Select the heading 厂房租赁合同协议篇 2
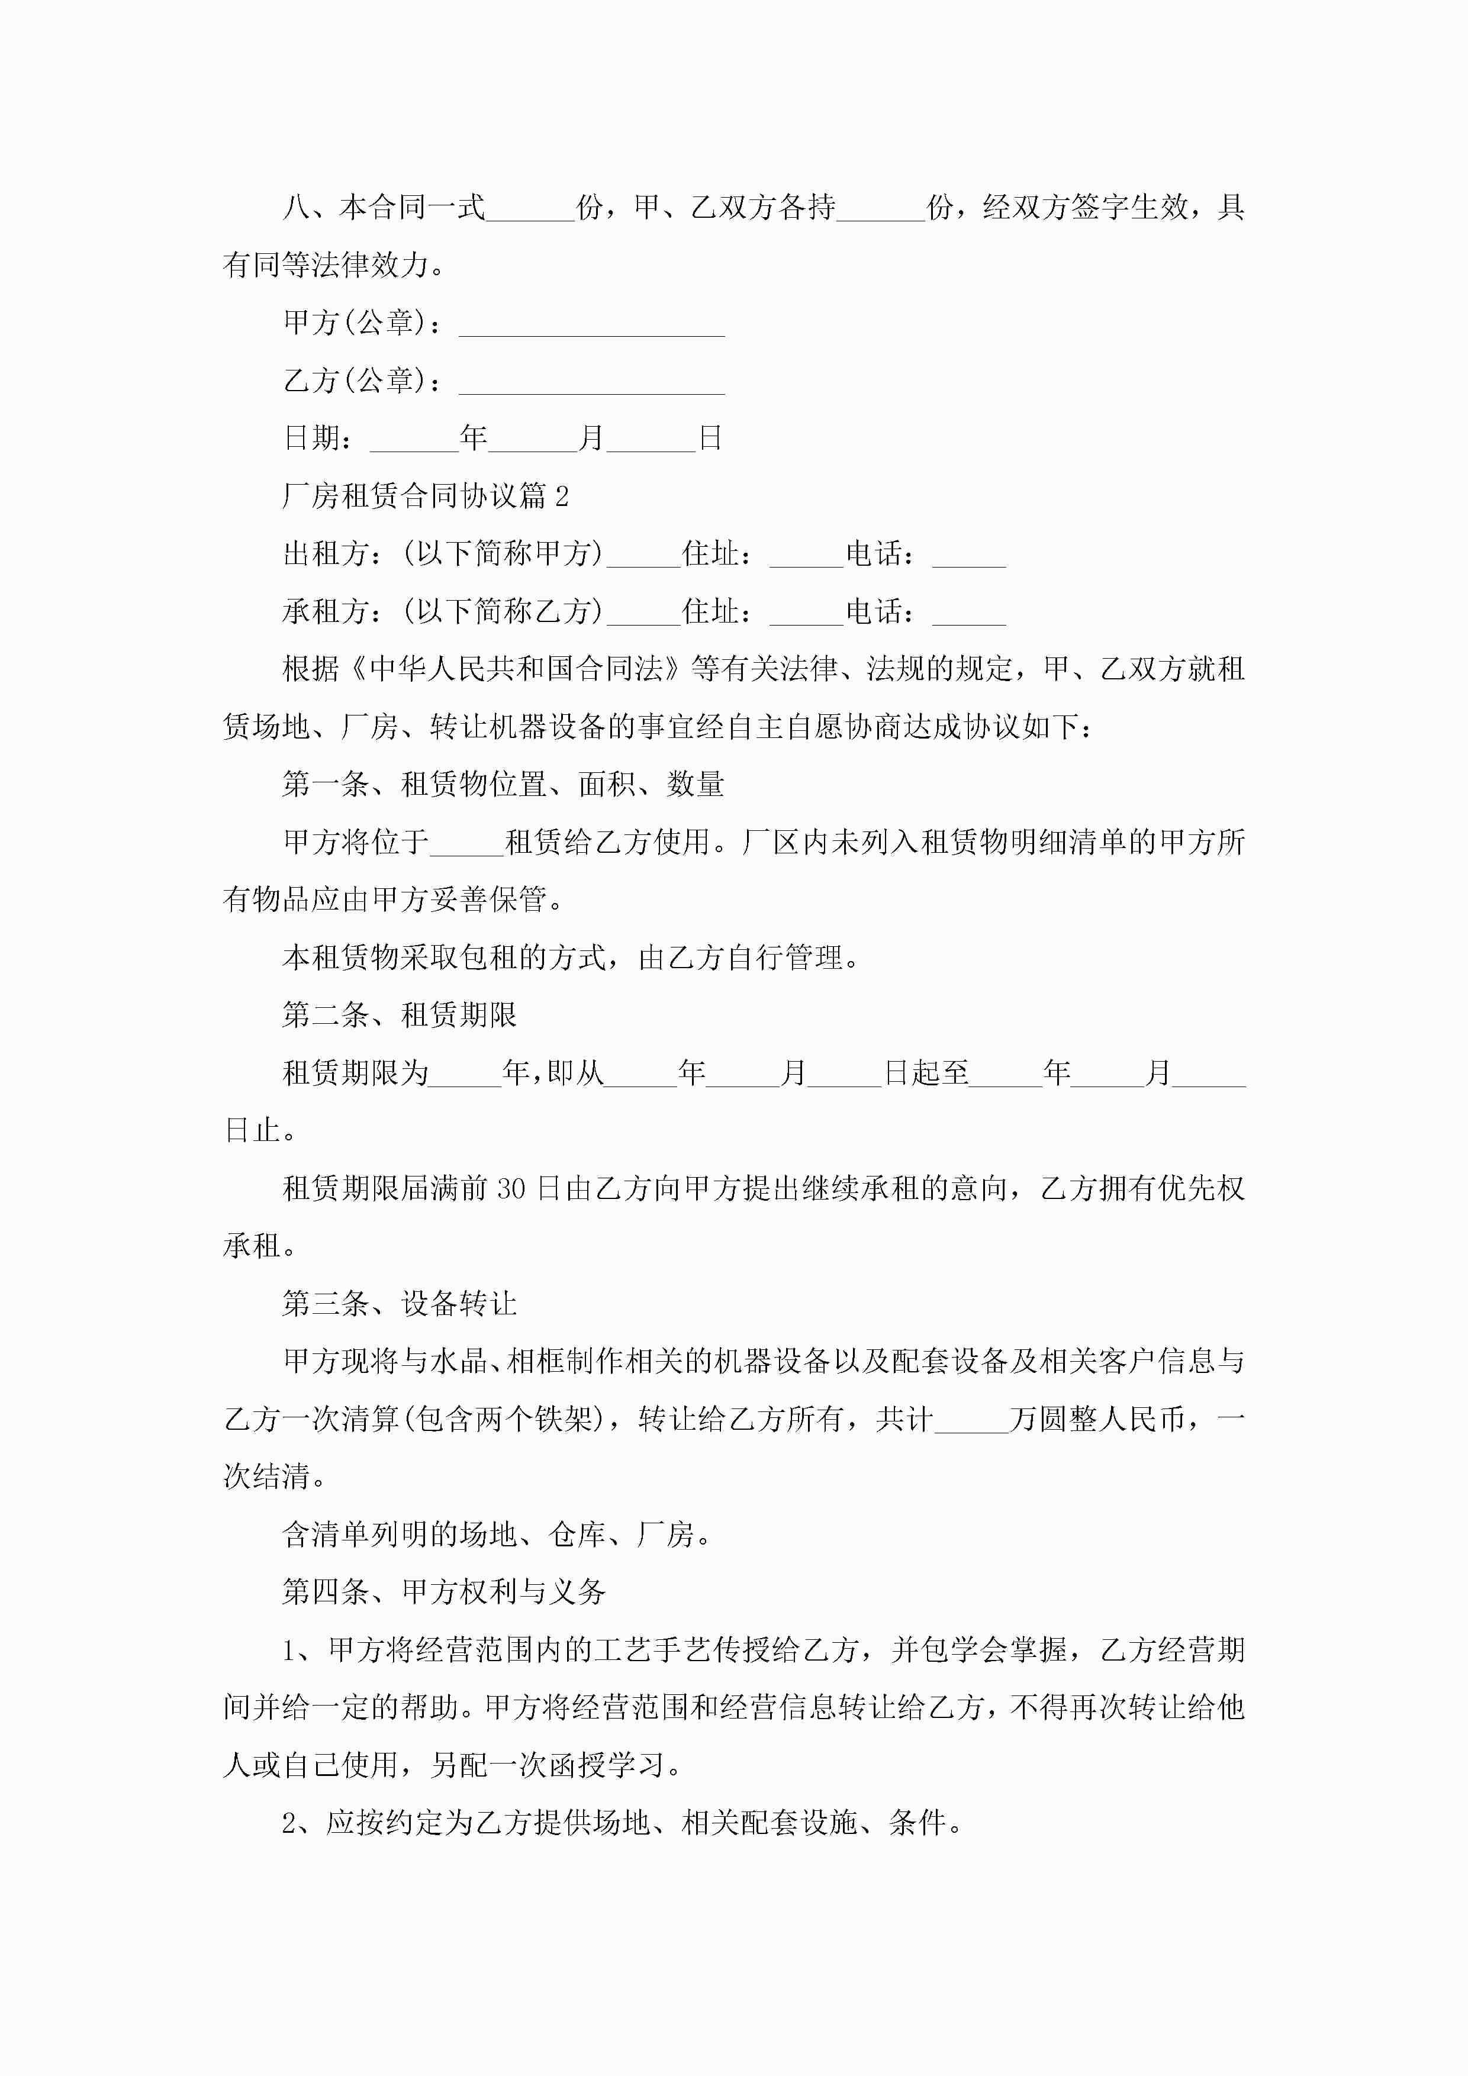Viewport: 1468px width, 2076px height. click(425, 495)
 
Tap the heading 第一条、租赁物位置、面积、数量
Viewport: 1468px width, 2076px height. click(503, 784)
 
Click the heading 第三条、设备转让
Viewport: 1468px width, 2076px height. click(399, 1303)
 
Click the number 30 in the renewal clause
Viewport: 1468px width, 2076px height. click(510, 1188)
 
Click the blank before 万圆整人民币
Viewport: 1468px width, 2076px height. click(971, 1420)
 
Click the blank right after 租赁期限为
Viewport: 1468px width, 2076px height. click(465, 1074)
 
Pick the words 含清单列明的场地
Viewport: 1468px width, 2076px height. click(398, 1535)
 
